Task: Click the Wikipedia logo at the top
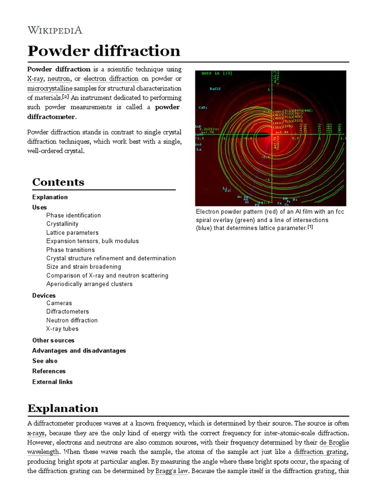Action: coord(54,30)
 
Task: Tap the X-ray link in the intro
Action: coord(36,78)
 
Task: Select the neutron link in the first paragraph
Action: coord(59,78)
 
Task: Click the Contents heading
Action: coord(58,182)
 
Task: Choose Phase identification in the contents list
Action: coord(74,215)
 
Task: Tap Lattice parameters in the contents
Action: coord(72,233)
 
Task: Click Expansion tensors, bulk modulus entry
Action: coord(92,241)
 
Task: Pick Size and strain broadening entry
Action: coord(83,267)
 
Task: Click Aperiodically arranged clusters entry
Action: coord(89,284)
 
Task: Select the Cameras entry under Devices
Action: coord(59,303)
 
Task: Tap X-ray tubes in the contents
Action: coord(62,329)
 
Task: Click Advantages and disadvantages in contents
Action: coord(79,351)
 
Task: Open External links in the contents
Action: coord(52,382)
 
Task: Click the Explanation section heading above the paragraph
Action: coord(63,408)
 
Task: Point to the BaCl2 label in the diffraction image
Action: coord(215,89)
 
